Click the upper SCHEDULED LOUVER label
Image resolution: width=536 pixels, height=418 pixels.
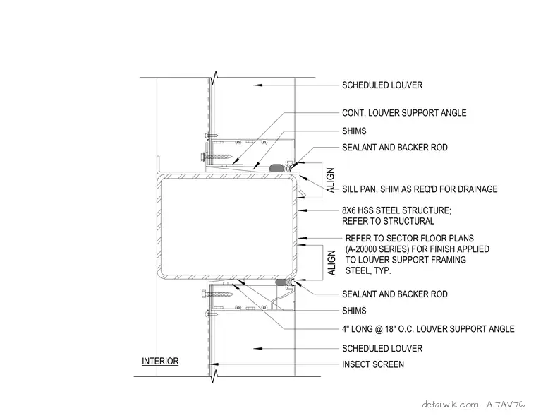coord(382,85)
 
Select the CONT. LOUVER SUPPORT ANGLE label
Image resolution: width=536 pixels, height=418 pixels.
coord(404,113)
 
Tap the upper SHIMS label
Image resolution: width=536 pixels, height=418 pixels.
coord(354,131)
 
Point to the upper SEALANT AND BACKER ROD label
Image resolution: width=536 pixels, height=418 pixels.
coord(395,147)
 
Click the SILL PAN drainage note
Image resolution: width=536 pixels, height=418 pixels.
coord(420,189)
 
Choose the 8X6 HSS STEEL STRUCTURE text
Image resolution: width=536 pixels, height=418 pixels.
coord(396,210)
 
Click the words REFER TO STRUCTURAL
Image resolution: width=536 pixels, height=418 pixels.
coord(388,221)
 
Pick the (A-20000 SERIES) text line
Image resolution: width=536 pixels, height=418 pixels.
coord(417,249)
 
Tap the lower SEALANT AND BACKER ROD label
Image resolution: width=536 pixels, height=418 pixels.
coord(395,294)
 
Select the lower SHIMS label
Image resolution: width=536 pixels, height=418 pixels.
coord(354,311)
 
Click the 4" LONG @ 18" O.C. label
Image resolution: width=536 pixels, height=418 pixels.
coord(428,329)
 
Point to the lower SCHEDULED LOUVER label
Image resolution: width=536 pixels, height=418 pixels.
coord(382,349)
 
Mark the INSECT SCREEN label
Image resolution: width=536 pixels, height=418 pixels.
coord(373,364)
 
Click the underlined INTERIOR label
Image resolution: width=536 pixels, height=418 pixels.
coord(160,362)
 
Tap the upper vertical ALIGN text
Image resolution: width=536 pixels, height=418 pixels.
coord(331,180)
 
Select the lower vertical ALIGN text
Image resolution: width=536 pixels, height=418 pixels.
coord(331,263)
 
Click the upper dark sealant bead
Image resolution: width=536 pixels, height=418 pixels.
coord(277,168)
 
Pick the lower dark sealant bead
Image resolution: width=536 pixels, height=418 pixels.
coord(281,282)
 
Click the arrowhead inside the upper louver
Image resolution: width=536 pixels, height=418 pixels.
coord(257,85)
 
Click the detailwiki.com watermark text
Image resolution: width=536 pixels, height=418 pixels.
coord(450,405)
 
